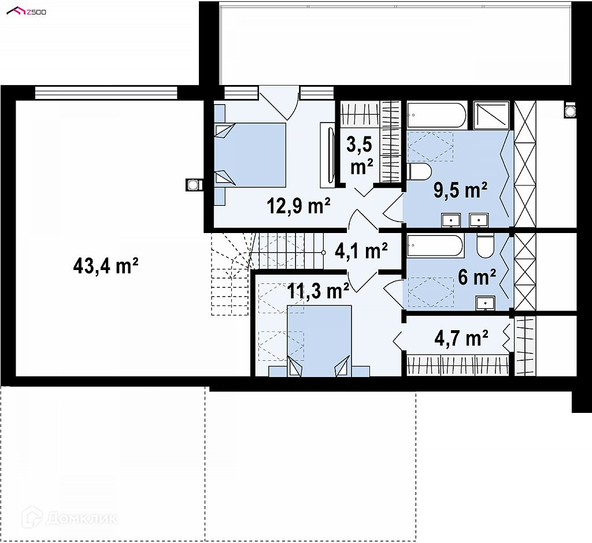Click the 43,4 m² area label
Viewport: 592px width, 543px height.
[106, 266]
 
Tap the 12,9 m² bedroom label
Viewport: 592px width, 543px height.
[299, 206]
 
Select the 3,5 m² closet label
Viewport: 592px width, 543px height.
[360, 156]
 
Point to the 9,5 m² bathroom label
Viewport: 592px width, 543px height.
[460, 190]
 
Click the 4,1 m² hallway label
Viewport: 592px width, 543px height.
[361, 251]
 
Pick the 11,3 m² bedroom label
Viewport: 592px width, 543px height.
[318, 291]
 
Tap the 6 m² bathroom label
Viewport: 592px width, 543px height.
[477, 277]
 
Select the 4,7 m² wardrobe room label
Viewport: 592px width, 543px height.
[461, 338]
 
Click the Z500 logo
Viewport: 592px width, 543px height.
[27, 12]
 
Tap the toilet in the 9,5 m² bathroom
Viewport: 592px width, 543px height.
[419, 172]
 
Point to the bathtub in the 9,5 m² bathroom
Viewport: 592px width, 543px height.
[436, 115]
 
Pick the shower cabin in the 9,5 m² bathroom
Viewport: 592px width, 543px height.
[491, 114]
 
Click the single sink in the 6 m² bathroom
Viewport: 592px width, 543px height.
[485, 304]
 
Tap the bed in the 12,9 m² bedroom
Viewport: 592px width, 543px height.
[250, 154]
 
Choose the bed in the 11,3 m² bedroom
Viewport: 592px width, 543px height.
[319, 341]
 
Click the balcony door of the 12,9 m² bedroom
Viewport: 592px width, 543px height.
[279, 103]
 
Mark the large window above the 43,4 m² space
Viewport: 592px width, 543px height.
[106, 93]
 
